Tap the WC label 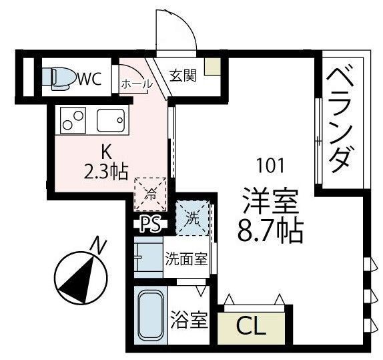[x=89, y=79]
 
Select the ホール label [x=137, y=84]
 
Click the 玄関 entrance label [x=183, y=75]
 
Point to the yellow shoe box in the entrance [x=212, y=67]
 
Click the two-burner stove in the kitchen [x=73, y=120]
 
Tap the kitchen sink [x=111, y=120]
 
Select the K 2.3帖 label [x=106, y=162]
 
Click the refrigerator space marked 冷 [x=150, y=194]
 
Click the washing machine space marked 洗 [x=193, y=218]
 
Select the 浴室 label [x=189, y=320]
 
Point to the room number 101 [x=270, y=166]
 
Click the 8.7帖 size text [x=270, y=229]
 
